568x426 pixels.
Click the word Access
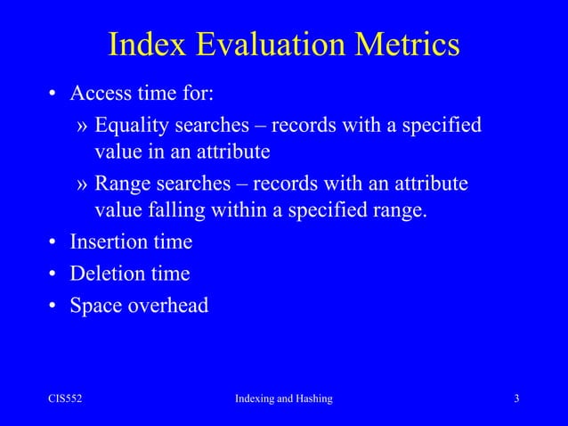coord(101,94)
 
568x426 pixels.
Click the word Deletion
coord(108,274)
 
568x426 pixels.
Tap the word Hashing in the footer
coord(311,398)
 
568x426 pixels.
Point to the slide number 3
coord(516,398)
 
